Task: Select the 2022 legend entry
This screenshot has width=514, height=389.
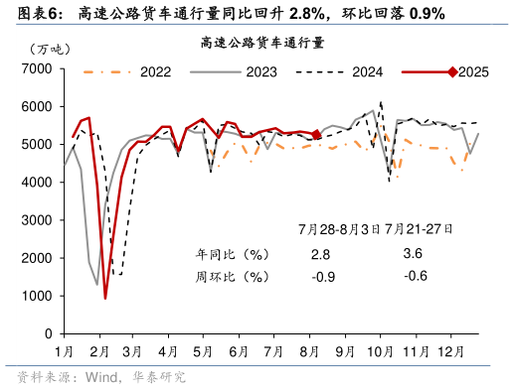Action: point(154,72)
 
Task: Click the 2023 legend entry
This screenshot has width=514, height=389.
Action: point(261,72)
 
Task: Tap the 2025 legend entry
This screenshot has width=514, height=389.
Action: point(472,72)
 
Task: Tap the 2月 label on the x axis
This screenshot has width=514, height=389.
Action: point(99,351)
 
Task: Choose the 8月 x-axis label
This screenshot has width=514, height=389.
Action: point(308,351)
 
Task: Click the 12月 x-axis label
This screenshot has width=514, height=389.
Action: point(450,351)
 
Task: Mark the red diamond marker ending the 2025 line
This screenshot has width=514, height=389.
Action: point(315,134)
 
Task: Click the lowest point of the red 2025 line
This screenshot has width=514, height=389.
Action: point(105,298)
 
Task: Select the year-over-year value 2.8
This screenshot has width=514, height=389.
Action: point(320,254)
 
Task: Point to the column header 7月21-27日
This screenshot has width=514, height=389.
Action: point(417,228)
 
